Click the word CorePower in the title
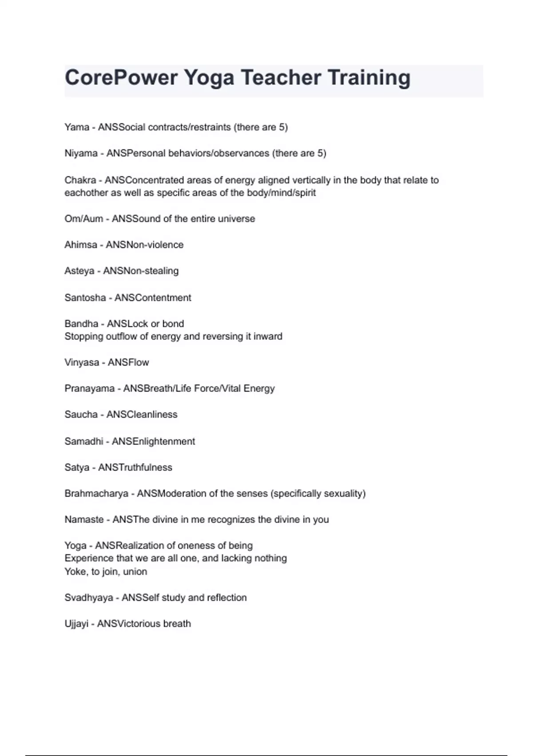[121, 77]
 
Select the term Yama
[77, 127]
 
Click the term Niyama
[81, 153]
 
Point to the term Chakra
[80, 180]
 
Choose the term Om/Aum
[84, 219]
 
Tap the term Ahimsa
[80, 245]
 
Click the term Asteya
[79, 271]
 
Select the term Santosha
[85, 298]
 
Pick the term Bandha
[81, 324]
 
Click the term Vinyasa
[82, 362]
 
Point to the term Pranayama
[89, 389]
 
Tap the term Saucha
[81, 414]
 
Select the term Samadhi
[84, 441]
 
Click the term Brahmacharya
[96, 494]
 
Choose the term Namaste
[84, 519]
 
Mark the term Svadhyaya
[88, 598]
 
